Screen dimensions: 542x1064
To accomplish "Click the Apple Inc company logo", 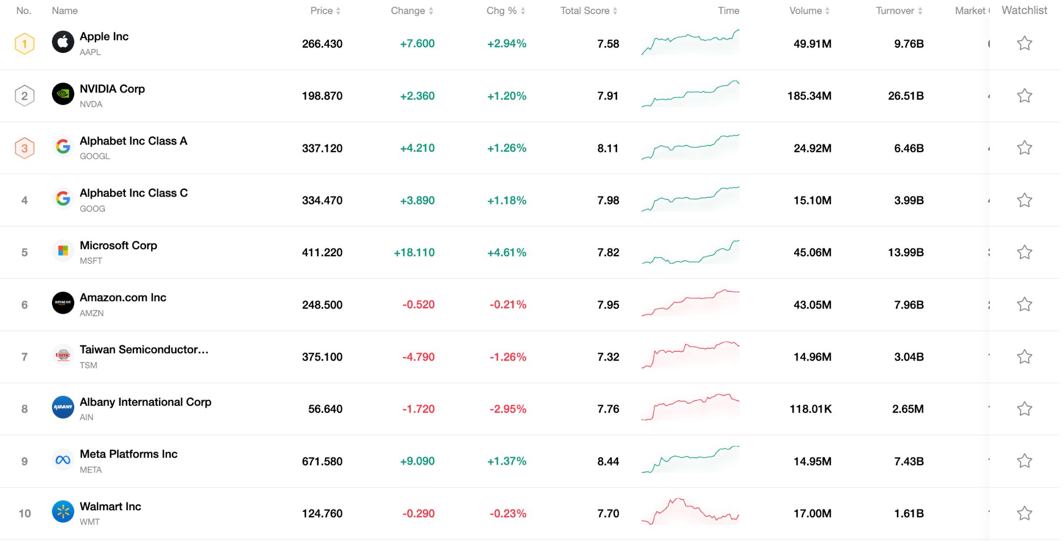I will click(x=63, y=42).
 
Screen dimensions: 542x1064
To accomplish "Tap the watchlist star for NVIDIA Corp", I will click(x=1024, y=96).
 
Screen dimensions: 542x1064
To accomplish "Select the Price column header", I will click(x=322, y=11).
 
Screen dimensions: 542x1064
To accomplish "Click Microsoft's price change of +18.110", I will click(x=414, y=253).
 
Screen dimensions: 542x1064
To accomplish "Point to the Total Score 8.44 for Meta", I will click(x=608, y=461).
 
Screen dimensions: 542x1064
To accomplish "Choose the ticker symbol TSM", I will click(x=88, y=365).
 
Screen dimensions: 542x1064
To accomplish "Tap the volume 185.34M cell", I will click(x=809, y=96).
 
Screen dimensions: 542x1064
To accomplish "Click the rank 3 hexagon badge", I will click(x=24, y=148).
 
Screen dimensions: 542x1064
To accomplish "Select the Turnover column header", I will click(x=895, y=11).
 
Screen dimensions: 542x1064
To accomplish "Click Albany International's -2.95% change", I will click(x=508, y=409).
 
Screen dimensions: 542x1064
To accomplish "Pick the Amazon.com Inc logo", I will click(x=63, y=303).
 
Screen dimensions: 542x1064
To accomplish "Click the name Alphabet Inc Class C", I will click(x=134, y=193).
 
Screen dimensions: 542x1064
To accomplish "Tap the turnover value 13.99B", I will click(x=906, y=253).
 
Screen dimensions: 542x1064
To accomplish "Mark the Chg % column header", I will click(x=501, y=11).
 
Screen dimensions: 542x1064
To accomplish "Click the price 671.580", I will click(x=322, y=461).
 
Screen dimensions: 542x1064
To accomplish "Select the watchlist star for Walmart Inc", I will click(x=1024, y=513).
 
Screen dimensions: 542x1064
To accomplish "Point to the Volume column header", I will click(x=805, y=11).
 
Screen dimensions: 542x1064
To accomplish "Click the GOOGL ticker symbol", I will click(x=95, y=156).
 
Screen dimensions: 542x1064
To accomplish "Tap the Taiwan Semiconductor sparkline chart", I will click(x=690, y=355).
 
